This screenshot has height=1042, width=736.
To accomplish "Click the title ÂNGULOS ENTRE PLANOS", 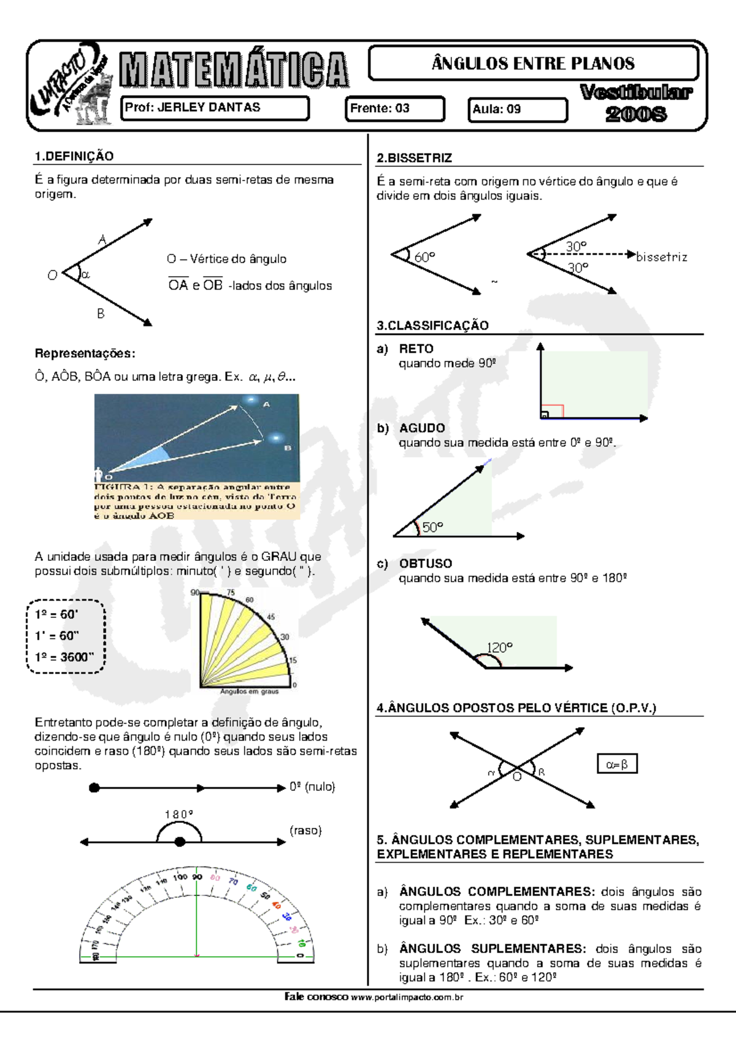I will [x=533, y=63].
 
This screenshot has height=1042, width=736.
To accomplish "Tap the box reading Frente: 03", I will [x=394, y=109].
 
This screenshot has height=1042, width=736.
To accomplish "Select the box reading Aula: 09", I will [x=517, y=110].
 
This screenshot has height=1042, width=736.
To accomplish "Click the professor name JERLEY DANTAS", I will [x=209, y=107].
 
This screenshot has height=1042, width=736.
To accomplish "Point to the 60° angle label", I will [x=424, y=257].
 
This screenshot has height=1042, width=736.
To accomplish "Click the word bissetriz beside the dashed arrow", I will [x=661, y=257].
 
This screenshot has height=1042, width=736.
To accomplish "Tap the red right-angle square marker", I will [x=553, y=411].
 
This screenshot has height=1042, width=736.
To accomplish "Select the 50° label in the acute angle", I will [x=432, y=527].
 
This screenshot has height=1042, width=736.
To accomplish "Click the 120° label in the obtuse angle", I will [x=499, y=648].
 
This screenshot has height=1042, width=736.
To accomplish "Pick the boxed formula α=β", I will [x=617, y=765].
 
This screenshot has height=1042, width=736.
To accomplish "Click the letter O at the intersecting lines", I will [x=517, y=777].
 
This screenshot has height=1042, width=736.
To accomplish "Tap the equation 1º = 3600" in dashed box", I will [x=64, y=657].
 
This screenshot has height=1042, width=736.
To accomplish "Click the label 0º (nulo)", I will [x=312, y=787].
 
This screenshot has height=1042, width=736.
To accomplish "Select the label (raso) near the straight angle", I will [x=305, y=830].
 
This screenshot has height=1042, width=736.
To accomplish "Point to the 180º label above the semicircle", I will [x=178, y=814].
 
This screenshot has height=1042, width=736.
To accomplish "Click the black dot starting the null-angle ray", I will [x=94, y=788].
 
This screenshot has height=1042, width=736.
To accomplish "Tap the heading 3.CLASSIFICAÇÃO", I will [x=432, y=326].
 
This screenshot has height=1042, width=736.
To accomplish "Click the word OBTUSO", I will [x=425, y=563].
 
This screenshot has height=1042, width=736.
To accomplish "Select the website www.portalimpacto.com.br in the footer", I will [x=407, y=997].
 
